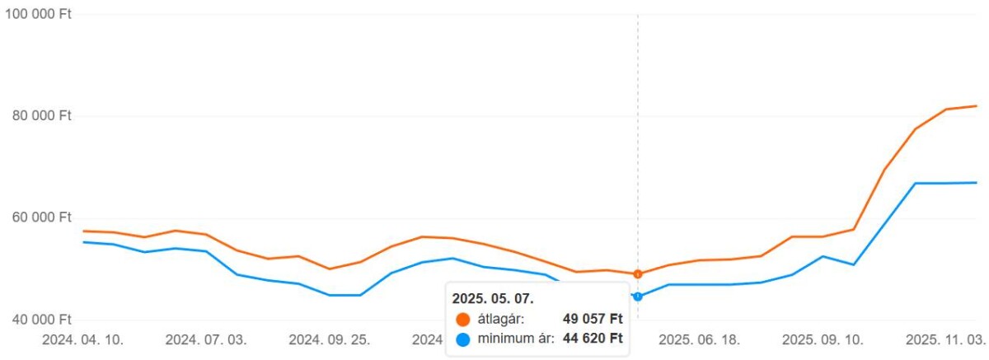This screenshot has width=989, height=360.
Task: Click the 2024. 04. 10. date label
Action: (x=82, y=339)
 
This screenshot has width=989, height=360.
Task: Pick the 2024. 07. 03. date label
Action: (x=206, y=339)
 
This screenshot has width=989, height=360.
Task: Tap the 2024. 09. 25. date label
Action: (x=329, y=339)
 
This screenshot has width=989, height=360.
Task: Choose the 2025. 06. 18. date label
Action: (x=699, y=339)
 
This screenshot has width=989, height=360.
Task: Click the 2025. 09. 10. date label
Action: (x=823, y=339)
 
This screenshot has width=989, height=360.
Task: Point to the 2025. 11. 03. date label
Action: (x=945, y=339)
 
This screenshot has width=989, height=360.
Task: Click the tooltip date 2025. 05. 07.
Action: (x=493, y=298)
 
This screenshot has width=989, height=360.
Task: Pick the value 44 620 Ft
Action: (x=593, y=339)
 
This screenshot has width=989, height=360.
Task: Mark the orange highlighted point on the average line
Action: (x=638, y=274)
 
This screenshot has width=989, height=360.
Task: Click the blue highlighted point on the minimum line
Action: (x=638, y=296)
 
